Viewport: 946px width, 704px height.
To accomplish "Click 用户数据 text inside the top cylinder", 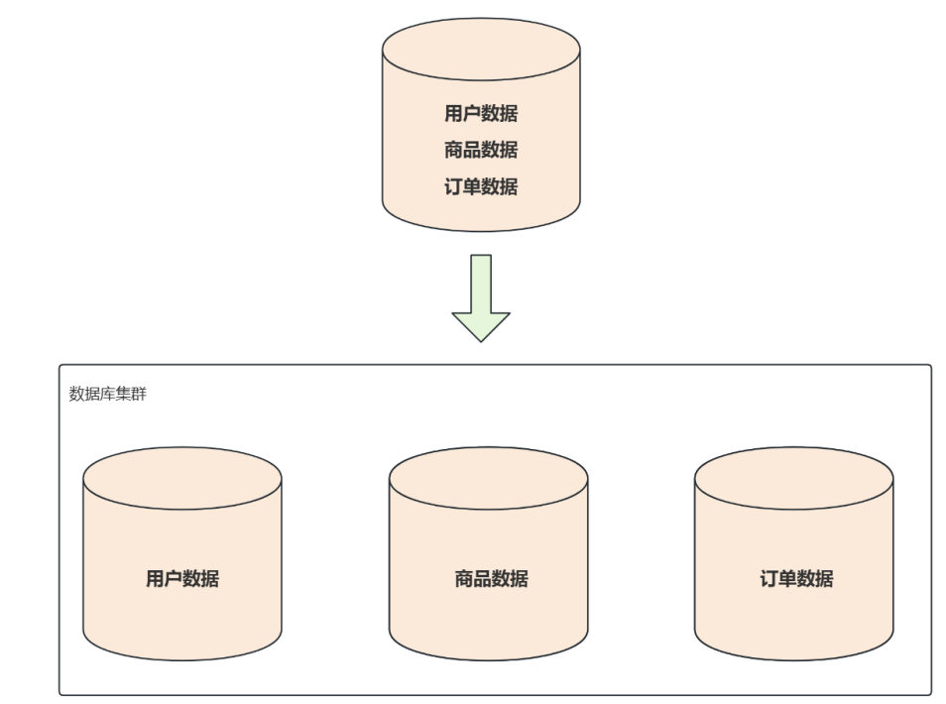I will click(481, 113).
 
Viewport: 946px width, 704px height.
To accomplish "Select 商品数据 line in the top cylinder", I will click(481, 150).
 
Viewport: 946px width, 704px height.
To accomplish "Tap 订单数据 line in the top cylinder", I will click(481, 186).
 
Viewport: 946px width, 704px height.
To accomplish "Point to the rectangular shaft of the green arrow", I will click(481, 283).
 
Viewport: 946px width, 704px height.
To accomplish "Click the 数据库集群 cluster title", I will click(107, 394).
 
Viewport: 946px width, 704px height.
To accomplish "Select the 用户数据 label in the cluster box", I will click(182, 579).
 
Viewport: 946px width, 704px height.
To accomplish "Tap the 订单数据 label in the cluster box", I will click(796, 579).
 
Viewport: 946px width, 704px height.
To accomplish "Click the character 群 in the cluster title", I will click(139, 394).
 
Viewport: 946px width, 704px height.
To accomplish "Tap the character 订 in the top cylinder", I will click(453, 186).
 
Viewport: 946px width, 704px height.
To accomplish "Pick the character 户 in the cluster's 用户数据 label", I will click(174, 579).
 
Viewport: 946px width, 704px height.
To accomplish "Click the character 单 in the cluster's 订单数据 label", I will click(787, 579).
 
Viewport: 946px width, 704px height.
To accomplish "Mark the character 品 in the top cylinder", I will click(472, 150).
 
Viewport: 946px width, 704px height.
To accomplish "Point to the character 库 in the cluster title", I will click(107, 394).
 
